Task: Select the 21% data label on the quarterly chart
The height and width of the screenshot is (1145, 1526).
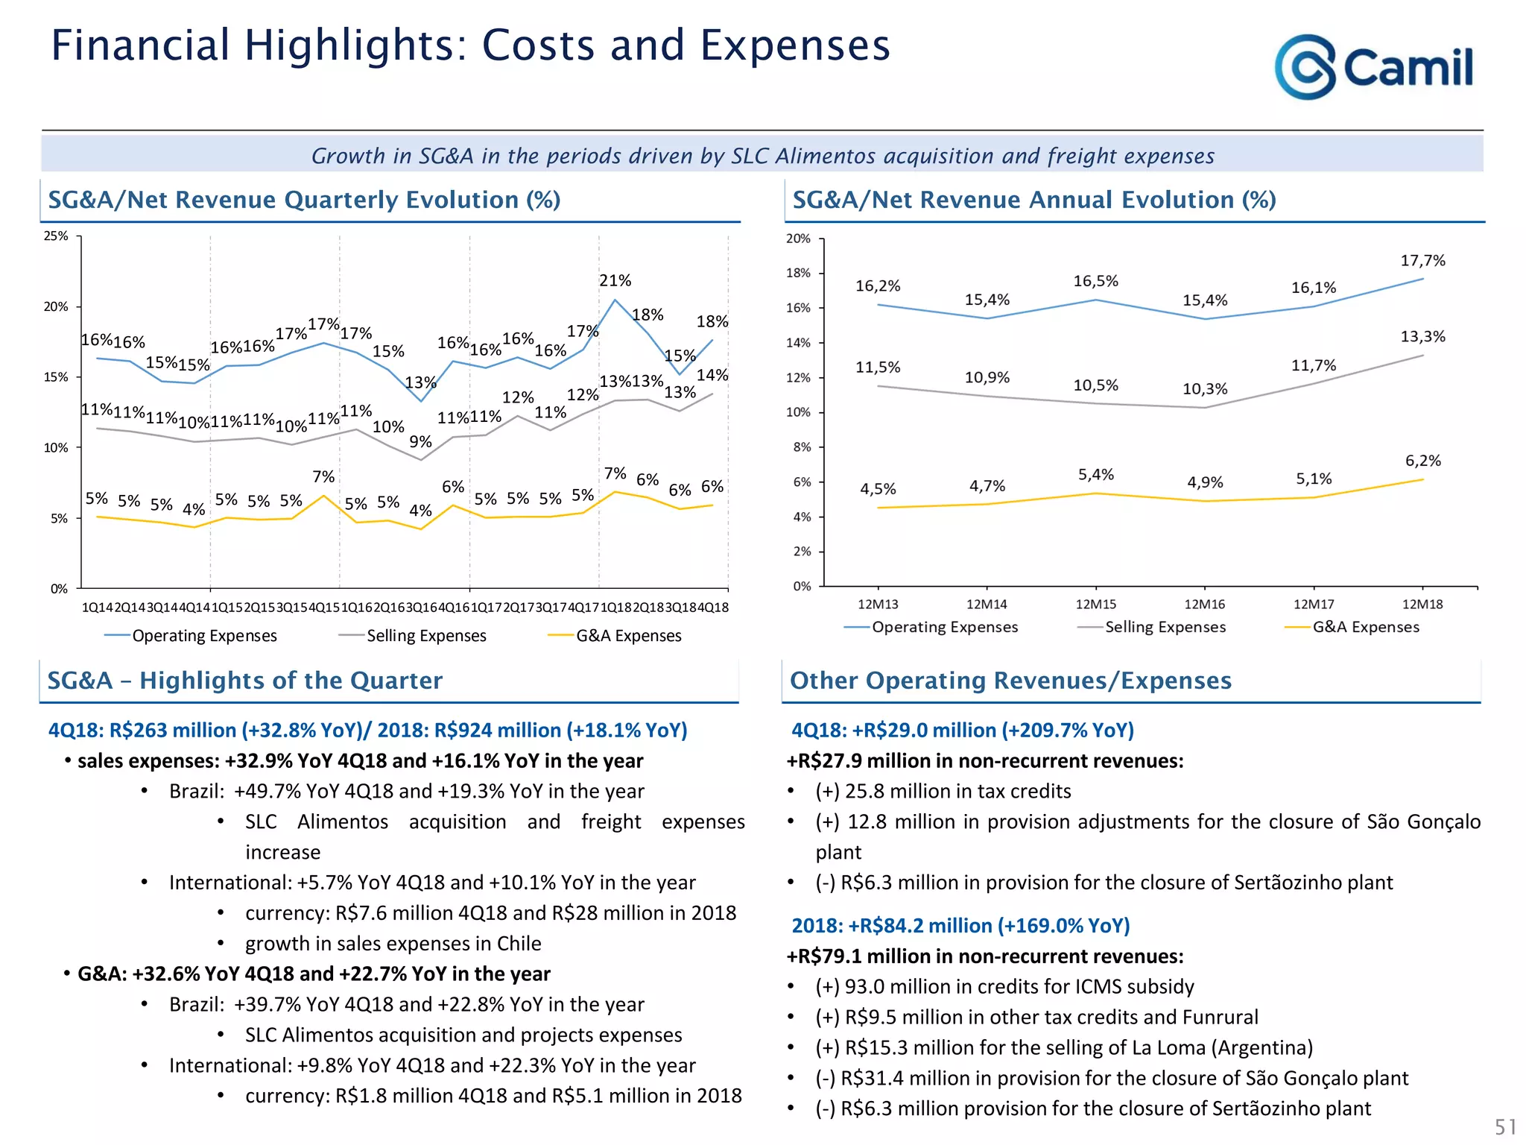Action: tap(615, 280)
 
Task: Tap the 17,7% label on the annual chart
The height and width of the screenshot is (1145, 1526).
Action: tap(1422, 260)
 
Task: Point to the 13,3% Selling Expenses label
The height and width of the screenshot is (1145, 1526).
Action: tap(1422, 336)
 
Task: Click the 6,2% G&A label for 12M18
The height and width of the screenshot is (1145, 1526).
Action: tap(1422, 461)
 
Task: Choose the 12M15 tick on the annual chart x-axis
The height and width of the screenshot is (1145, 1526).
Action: tap(1095, 605)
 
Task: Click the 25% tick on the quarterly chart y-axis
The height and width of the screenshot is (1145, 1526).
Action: tap(56, 236)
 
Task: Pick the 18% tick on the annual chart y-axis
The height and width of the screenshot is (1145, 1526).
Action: tap(798, 273)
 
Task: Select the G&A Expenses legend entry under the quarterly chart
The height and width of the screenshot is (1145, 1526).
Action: tap(628, 636)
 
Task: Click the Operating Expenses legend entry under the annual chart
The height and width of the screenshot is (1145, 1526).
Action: tap(944, 627)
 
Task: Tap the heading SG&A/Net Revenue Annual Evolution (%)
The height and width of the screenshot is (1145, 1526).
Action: tap(1033, 200)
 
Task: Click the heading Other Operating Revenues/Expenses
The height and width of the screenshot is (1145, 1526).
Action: tap(1010, 681)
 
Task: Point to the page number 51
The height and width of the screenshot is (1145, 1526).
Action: tap(1505, 1126)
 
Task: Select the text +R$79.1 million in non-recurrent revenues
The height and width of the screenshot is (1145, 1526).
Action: tap(985, 956)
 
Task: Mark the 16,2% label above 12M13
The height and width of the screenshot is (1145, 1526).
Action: tap(878, 286)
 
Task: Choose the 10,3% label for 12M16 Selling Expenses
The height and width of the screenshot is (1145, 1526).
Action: tap(1205, 388)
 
